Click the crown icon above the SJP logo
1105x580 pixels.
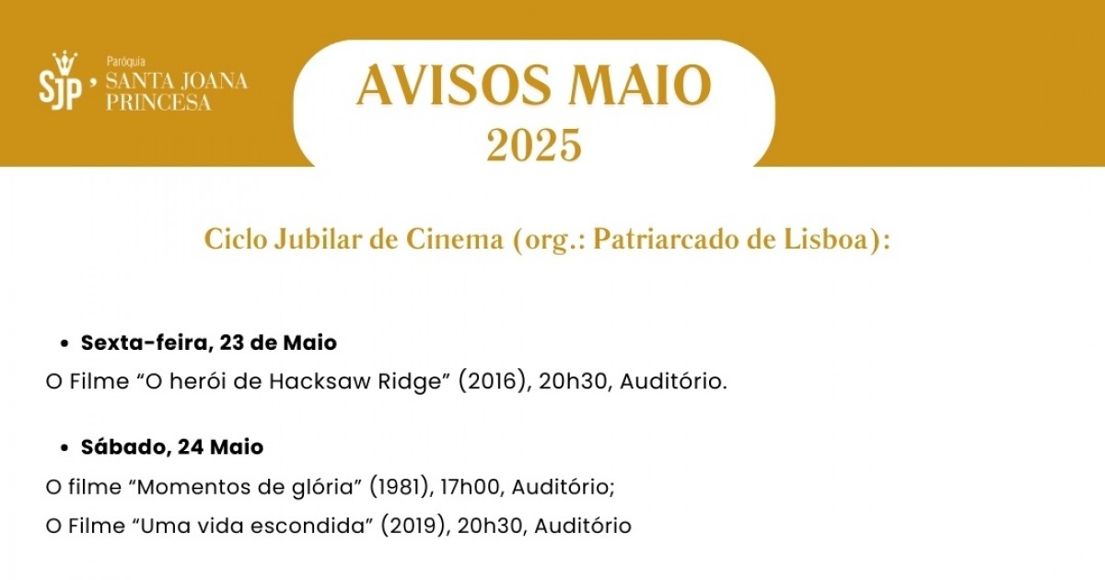tap(65, 63)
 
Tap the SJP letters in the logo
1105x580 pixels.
tap(60, 92)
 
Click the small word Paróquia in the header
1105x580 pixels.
tap(126, 63)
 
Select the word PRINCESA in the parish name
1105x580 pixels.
tap(158, 102)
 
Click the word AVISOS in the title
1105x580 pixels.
tap(454, 85)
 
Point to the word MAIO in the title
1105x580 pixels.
tap(640, 85)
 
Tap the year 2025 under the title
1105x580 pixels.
tap(534, 145)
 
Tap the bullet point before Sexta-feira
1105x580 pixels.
tap(64, 344)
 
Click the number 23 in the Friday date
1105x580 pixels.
tap(232, 342)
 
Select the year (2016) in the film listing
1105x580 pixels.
tap(494, 382)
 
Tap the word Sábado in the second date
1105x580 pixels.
tap(126, 447)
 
